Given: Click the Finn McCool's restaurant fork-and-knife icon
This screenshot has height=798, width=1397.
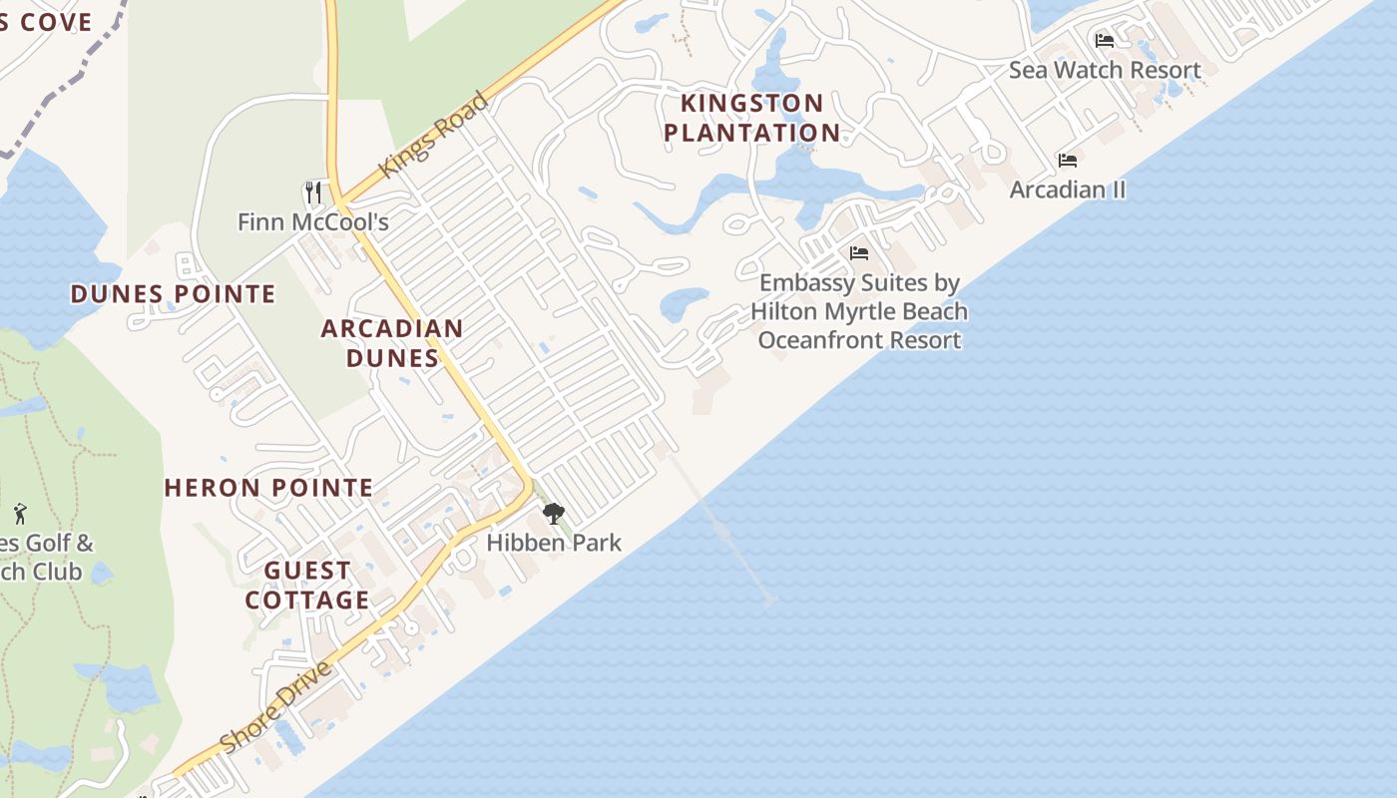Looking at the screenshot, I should click(313, 192).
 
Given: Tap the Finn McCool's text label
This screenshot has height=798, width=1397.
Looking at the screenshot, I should click(313, 221).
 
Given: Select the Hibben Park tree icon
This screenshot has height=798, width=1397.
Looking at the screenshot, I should click(554, 515).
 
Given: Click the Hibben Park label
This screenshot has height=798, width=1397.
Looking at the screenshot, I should click(554, 543).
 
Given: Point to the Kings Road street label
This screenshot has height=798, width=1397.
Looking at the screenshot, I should click(435, 135).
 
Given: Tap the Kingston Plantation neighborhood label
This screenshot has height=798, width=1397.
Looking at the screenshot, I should click(752, 118).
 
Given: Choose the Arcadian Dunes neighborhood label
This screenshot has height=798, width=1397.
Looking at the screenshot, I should click(392, 342).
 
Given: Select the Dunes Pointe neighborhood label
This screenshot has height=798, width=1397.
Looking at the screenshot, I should click(173, 294).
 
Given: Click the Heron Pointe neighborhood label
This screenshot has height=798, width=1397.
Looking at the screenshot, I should click(268, 488).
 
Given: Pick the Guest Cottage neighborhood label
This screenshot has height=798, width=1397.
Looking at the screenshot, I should click(307, 585).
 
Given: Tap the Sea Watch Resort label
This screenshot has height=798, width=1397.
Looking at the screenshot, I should click(1105, 70).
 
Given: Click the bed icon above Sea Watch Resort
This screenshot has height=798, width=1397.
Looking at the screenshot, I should click(1105, 41).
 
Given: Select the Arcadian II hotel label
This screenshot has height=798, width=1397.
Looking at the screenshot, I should click(1068, 190).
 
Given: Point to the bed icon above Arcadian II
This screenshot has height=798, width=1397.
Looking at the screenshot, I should click(1068, 161).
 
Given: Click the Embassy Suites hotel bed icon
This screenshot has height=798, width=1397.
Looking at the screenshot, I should click(859, 253).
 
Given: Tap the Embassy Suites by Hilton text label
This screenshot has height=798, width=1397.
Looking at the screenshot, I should click(859, 311).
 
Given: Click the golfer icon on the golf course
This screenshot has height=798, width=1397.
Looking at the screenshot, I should click(20, 514).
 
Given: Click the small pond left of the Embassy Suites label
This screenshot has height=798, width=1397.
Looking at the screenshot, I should click(685, 302).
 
